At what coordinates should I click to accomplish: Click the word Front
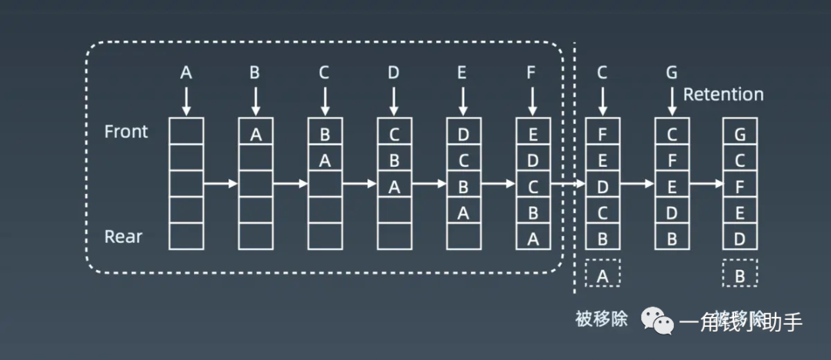(x=126, y=132)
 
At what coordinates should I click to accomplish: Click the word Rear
(x=124, y=235)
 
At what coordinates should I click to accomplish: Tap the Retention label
(x=723, y=95)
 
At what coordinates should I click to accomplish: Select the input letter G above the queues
(x=672, y=73)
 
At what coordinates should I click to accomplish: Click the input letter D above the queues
(x=394, y=73)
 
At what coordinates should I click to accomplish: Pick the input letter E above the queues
(x=462, y=73)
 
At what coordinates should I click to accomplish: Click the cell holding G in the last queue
(x=740, y=135)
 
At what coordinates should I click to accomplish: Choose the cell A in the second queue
(x=255, y=135)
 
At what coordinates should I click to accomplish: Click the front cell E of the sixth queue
(x=532, y=135)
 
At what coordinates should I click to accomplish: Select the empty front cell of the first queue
(x=186, y=132)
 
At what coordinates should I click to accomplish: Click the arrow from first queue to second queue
(x=221, y=184)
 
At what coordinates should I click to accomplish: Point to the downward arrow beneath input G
(x=672, y=100)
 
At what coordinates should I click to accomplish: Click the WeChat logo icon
(x=659, y=319)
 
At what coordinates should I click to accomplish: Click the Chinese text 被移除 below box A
(x=602, y=318)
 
